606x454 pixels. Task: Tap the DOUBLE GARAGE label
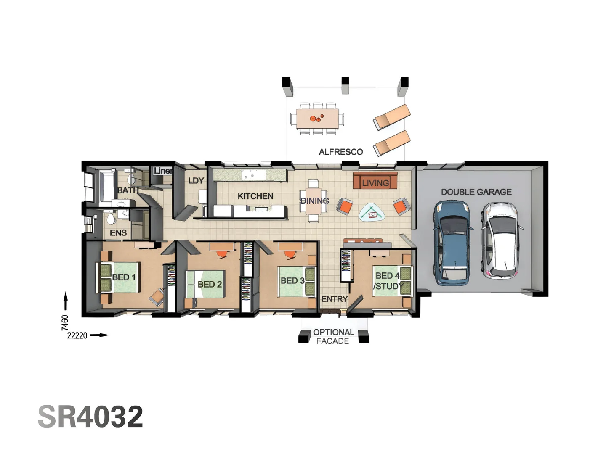pyautogui.click(x=476, y=192)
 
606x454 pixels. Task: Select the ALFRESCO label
pyautogui.click(x=340, y=152)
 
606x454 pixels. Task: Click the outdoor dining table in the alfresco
pyautogui.click(x=317, y=119)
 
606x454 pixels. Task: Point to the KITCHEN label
pyautogui.click(x=255, y=196)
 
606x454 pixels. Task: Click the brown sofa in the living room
pyautogui.click(x=375, y=181)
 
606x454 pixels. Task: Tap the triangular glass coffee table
pyautogui.click(x=372, y=213)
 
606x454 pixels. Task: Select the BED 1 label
pyautogui.click(x=124, y=277)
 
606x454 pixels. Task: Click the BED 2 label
pyautogui.click(x=210, y=285)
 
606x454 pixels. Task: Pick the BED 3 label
pyautogui.click(x=292, y=280)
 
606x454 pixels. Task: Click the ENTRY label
pyautogui.click(x=334, y=299)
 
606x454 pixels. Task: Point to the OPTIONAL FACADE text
pyautogui.click(x=333, y=336)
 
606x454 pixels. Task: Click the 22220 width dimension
pyautogui.click(x=77, y=335)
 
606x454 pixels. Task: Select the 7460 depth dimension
pyautogui.click(x=65, y=322)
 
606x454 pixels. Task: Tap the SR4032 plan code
pyautogui.click(x=90, y=417)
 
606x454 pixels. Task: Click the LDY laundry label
pyautogui.click(x=196, y=181)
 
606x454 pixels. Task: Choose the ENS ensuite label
pyautogui.click(x=118, y=233)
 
